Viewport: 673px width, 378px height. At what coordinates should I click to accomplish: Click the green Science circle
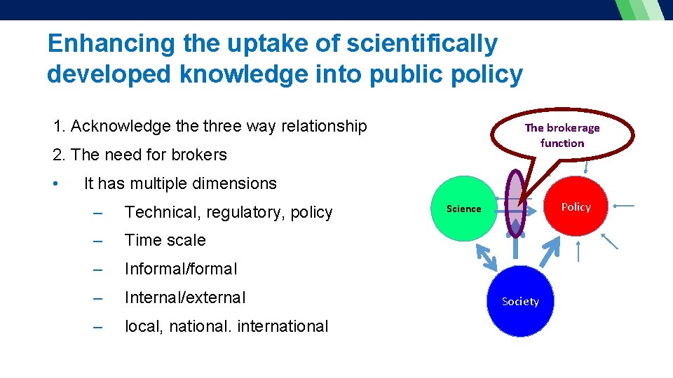coord(463,209)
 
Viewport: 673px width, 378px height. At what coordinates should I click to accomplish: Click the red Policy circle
coord(576,206)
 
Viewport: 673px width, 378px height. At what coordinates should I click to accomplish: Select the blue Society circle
coord(520,302)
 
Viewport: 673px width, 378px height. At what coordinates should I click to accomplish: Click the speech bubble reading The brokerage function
coord(562,136)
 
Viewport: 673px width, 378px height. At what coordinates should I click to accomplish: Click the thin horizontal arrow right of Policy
coord(623,206)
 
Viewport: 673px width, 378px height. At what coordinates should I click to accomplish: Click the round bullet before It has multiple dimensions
coord(55,183)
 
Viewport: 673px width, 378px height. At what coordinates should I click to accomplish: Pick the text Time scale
coord(165,240)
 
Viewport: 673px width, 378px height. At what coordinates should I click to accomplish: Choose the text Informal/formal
coord(181,269)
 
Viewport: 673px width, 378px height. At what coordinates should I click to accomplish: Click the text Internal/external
coord(185,297)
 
